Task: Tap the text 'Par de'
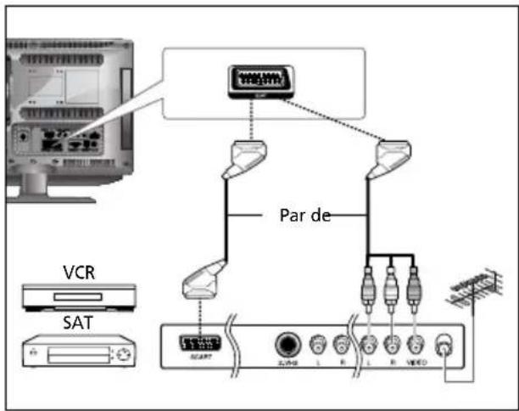[303, 214]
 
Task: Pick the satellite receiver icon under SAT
[77, 353]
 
